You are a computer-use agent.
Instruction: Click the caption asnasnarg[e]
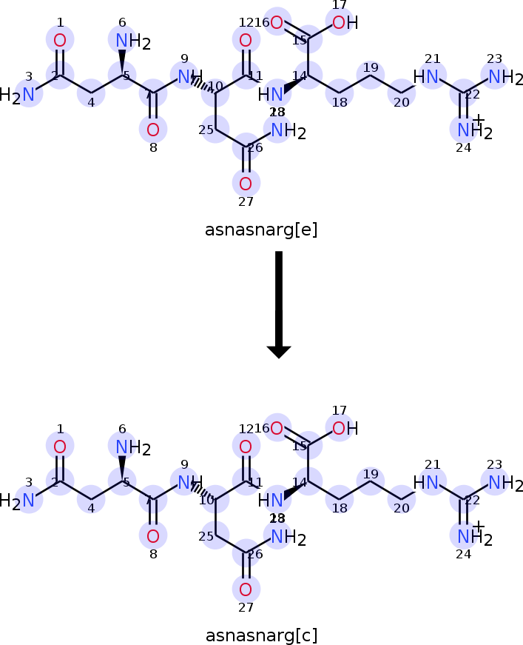click(x=261, y=230)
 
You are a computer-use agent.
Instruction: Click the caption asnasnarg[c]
click(x=261, y=635)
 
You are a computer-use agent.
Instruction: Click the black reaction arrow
click(x=278, y=304)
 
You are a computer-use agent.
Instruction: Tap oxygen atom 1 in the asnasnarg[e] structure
click(x=60, y=40)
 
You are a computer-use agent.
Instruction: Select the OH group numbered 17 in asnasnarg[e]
click(x=340, y=23)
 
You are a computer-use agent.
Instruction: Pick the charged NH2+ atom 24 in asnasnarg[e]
click(x=465, y=130)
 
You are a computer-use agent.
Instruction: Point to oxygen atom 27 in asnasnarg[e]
click(x=246, y=183)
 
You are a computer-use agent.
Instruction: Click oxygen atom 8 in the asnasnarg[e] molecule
click(x=152, y=130)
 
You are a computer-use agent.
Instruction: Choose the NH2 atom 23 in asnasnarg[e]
click(x=496, y=76)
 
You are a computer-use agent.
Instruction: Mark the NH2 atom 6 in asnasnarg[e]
click(x=122, y=39)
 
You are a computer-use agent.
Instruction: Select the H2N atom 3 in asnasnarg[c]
click(x=28, y=501)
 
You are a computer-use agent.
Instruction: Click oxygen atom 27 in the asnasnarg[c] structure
click(x=246, y=589)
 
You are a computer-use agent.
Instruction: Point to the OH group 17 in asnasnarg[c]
click(x=340, y=428)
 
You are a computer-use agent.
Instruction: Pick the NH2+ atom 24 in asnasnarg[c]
click(x=465, y=535)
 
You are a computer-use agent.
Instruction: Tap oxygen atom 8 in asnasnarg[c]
click(x=152, y=536)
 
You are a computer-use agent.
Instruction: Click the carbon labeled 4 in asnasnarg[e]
click(x=91, y=94)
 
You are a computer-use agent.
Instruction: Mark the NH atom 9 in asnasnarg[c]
click(x=185, y=482)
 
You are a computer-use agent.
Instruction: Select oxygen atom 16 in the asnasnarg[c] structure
click(x=276, y=427)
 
